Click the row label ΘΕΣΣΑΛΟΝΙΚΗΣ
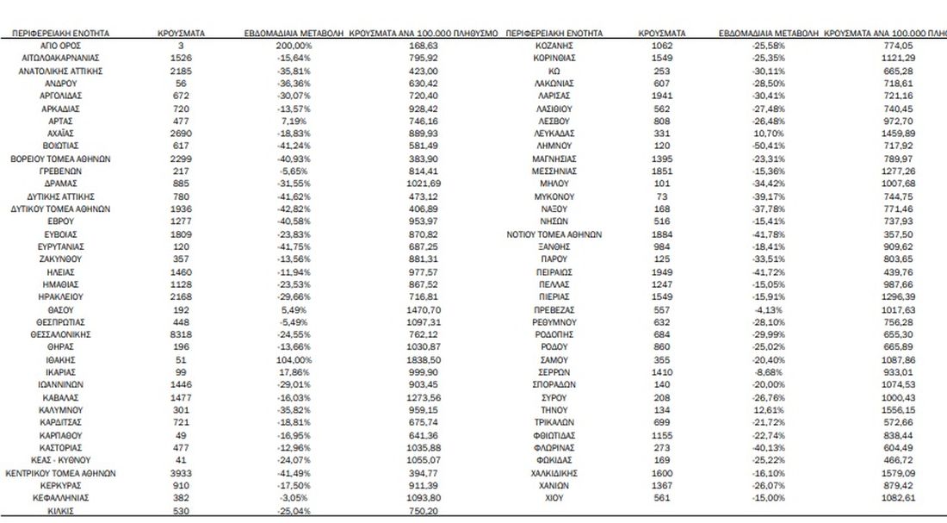60,334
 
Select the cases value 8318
181,334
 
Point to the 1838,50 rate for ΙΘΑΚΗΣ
424,360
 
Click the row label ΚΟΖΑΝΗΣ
554,46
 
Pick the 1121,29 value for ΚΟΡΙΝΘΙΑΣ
897,58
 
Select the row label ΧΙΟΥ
554,498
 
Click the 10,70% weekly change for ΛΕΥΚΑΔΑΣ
768,134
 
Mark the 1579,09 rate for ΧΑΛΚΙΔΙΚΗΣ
897,473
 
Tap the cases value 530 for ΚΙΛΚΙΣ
181,511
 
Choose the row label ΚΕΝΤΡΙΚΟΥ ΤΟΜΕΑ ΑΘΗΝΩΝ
60,473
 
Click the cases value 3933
181,473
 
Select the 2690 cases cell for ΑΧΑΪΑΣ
181,134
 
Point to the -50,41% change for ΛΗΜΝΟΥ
768,146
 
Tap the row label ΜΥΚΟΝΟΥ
554,197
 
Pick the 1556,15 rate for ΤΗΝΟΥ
897,410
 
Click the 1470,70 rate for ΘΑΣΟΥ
424,309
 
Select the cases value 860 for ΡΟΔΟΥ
661,347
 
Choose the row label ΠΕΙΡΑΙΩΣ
554,272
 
